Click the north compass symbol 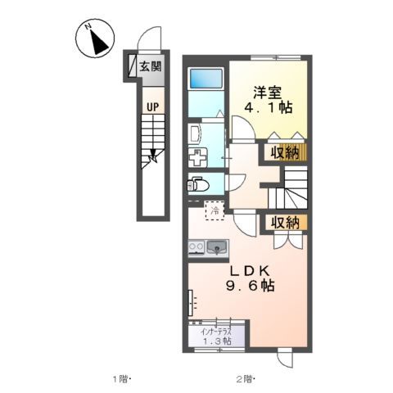click(96, 39)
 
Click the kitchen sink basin click(217, 246)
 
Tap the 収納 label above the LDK click(280, 222)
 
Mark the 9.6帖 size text click(250, 287)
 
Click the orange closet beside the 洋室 click(300, 151)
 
